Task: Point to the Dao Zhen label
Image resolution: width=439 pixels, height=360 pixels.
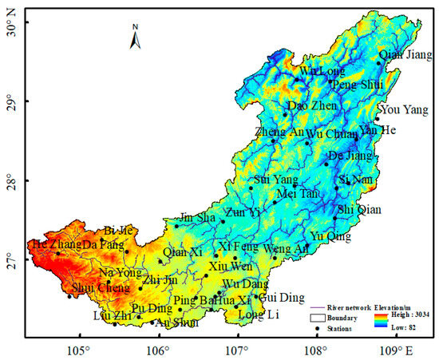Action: point(307,105)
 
